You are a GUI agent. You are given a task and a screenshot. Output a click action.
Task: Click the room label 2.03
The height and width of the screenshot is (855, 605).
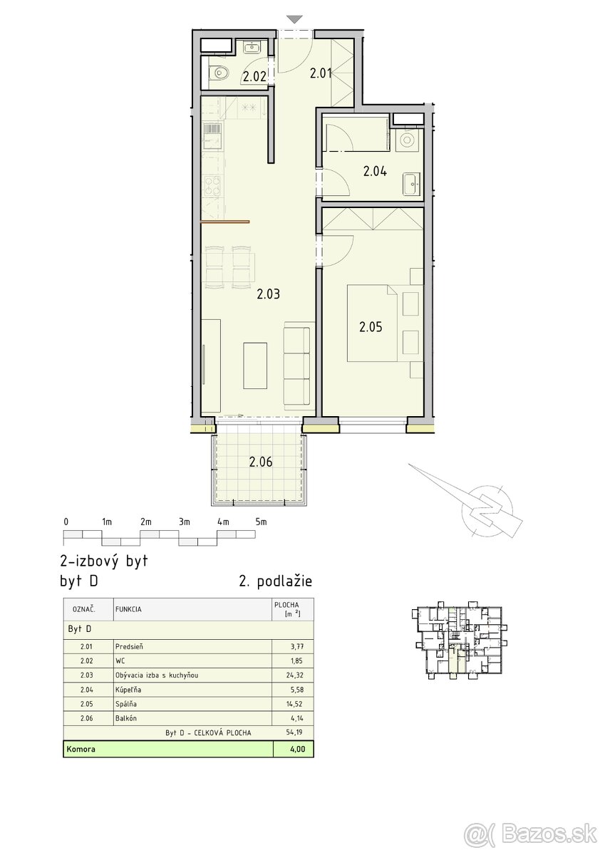(x=268, y=294)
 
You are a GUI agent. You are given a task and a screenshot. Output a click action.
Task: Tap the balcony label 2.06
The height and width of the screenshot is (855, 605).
(x=261, y=462)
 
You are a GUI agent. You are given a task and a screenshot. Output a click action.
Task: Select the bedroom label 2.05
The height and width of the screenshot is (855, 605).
(x=371, y=327)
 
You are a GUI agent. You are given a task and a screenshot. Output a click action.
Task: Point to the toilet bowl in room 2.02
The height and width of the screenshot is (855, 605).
(x=219, y=72)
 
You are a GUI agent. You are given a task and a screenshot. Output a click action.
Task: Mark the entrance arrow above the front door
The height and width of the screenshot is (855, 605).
(x=294, y=19)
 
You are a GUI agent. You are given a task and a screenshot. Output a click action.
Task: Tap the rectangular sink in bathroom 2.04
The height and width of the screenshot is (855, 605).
(x=412, y=185)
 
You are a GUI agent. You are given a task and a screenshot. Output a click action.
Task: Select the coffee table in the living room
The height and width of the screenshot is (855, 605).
(x=255, y=366)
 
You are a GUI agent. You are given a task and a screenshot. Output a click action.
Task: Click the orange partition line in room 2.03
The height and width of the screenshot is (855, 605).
(x=225, y=222)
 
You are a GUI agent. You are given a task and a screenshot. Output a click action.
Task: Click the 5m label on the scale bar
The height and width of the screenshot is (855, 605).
(x=261, y=522)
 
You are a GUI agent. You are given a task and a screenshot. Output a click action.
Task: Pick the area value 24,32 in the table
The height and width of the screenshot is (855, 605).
(x=295, y=675)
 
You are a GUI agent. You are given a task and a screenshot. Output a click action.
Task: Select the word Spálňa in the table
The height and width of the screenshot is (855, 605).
(x=126, y=703)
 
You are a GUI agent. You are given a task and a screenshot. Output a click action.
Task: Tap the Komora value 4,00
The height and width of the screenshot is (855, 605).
(x=297, y=749)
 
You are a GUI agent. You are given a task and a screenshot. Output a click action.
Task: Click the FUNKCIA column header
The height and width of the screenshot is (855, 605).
(x=128, y=609)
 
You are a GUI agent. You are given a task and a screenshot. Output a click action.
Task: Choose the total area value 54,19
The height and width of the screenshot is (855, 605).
(x=295, y=732)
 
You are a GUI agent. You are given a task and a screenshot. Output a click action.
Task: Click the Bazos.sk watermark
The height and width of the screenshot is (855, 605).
(x=531, y=833)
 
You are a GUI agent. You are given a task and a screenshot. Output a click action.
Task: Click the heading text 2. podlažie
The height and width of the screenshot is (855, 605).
(x=275, y=581)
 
